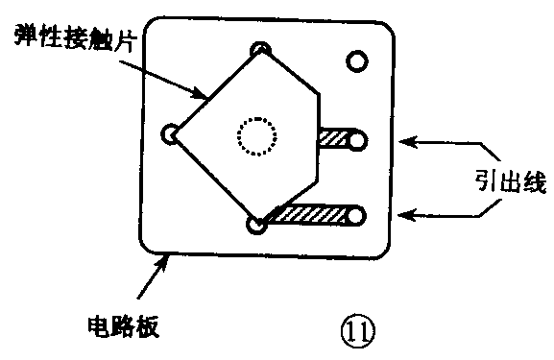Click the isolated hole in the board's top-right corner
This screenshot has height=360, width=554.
(x=357, y=62)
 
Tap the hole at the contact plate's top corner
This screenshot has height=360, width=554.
(x=259, y=49)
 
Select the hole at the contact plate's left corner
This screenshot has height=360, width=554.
(x=171, y=134)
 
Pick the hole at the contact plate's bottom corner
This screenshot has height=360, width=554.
(x=256, y=227)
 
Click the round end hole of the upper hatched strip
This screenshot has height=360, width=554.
(x=358, y=141)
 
